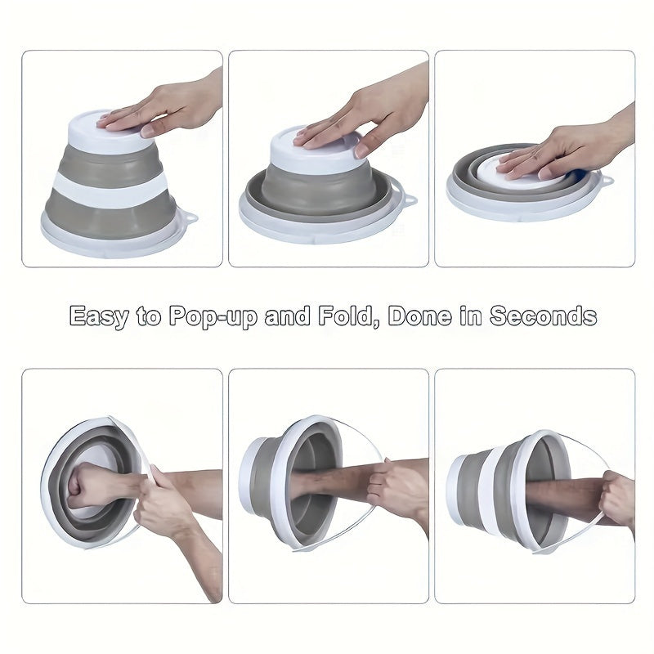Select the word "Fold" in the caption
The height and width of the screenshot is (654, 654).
(347, 316)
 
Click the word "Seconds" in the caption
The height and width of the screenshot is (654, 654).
(543, 316)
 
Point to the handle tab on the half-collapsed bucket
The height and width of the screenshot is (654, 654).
(406, 199)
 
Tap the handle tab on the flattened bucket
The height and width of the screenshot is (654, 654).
(606, 179)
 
